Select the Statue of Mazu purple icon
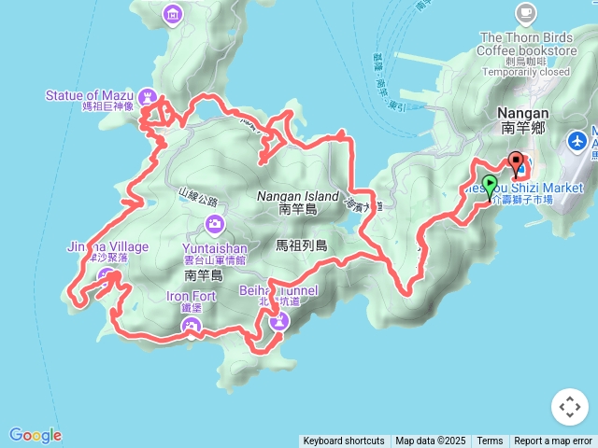(x=148, y=95)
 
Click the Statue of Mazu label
(x=90, y=95)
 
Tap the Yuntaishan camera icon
(x=215, y=225)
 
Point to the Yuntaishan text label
(x=215, y=248)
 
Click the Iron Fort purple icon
(x=192, y=326)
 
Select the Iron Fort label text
(x=192, y=298)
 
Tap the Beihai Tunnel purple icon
(x=279, y=321)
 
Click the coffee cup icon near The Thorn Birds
(x=526, y=13)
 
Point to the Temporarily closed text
(x=526, y=72)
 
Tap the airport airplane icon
(x=577, y=141)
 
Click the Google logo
(x=36, y=435)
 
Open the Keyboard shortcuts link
(x=343, y=441)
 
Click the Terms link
(x=490, y=441)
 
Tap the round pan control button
(x=570, y=407)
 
